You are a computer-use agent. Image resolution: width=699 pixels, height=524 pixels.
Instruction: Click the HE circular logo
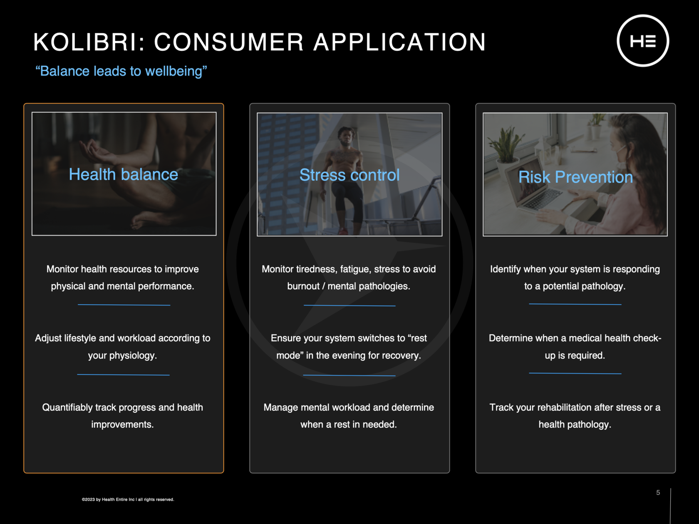click(x=643, y=41)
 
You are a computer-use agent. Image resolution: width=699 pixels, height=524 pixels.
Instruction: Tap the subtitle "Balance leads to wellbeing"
click(x=121, y=71)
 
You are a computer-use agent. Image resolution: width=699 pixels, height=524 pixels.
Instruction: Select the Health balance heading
click(x=123, y=174)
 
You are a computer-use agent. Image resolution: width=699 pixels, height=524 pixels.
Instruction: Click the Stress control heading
click(x=349, y=175)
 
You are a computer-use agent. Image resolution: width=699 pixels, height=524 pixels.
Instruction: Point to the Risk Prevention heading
click(x=575, y=177)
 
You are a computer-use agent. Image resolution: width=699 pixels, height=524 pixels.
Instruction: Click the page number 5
click(x=658, y=492)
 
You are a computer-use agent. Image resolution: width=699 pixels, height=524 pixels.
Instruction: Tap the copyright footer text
click(x=128, y=499)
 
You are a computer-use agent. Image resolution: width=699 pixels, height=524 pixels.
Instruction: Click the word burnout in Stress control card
click(x=303, y=286)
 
